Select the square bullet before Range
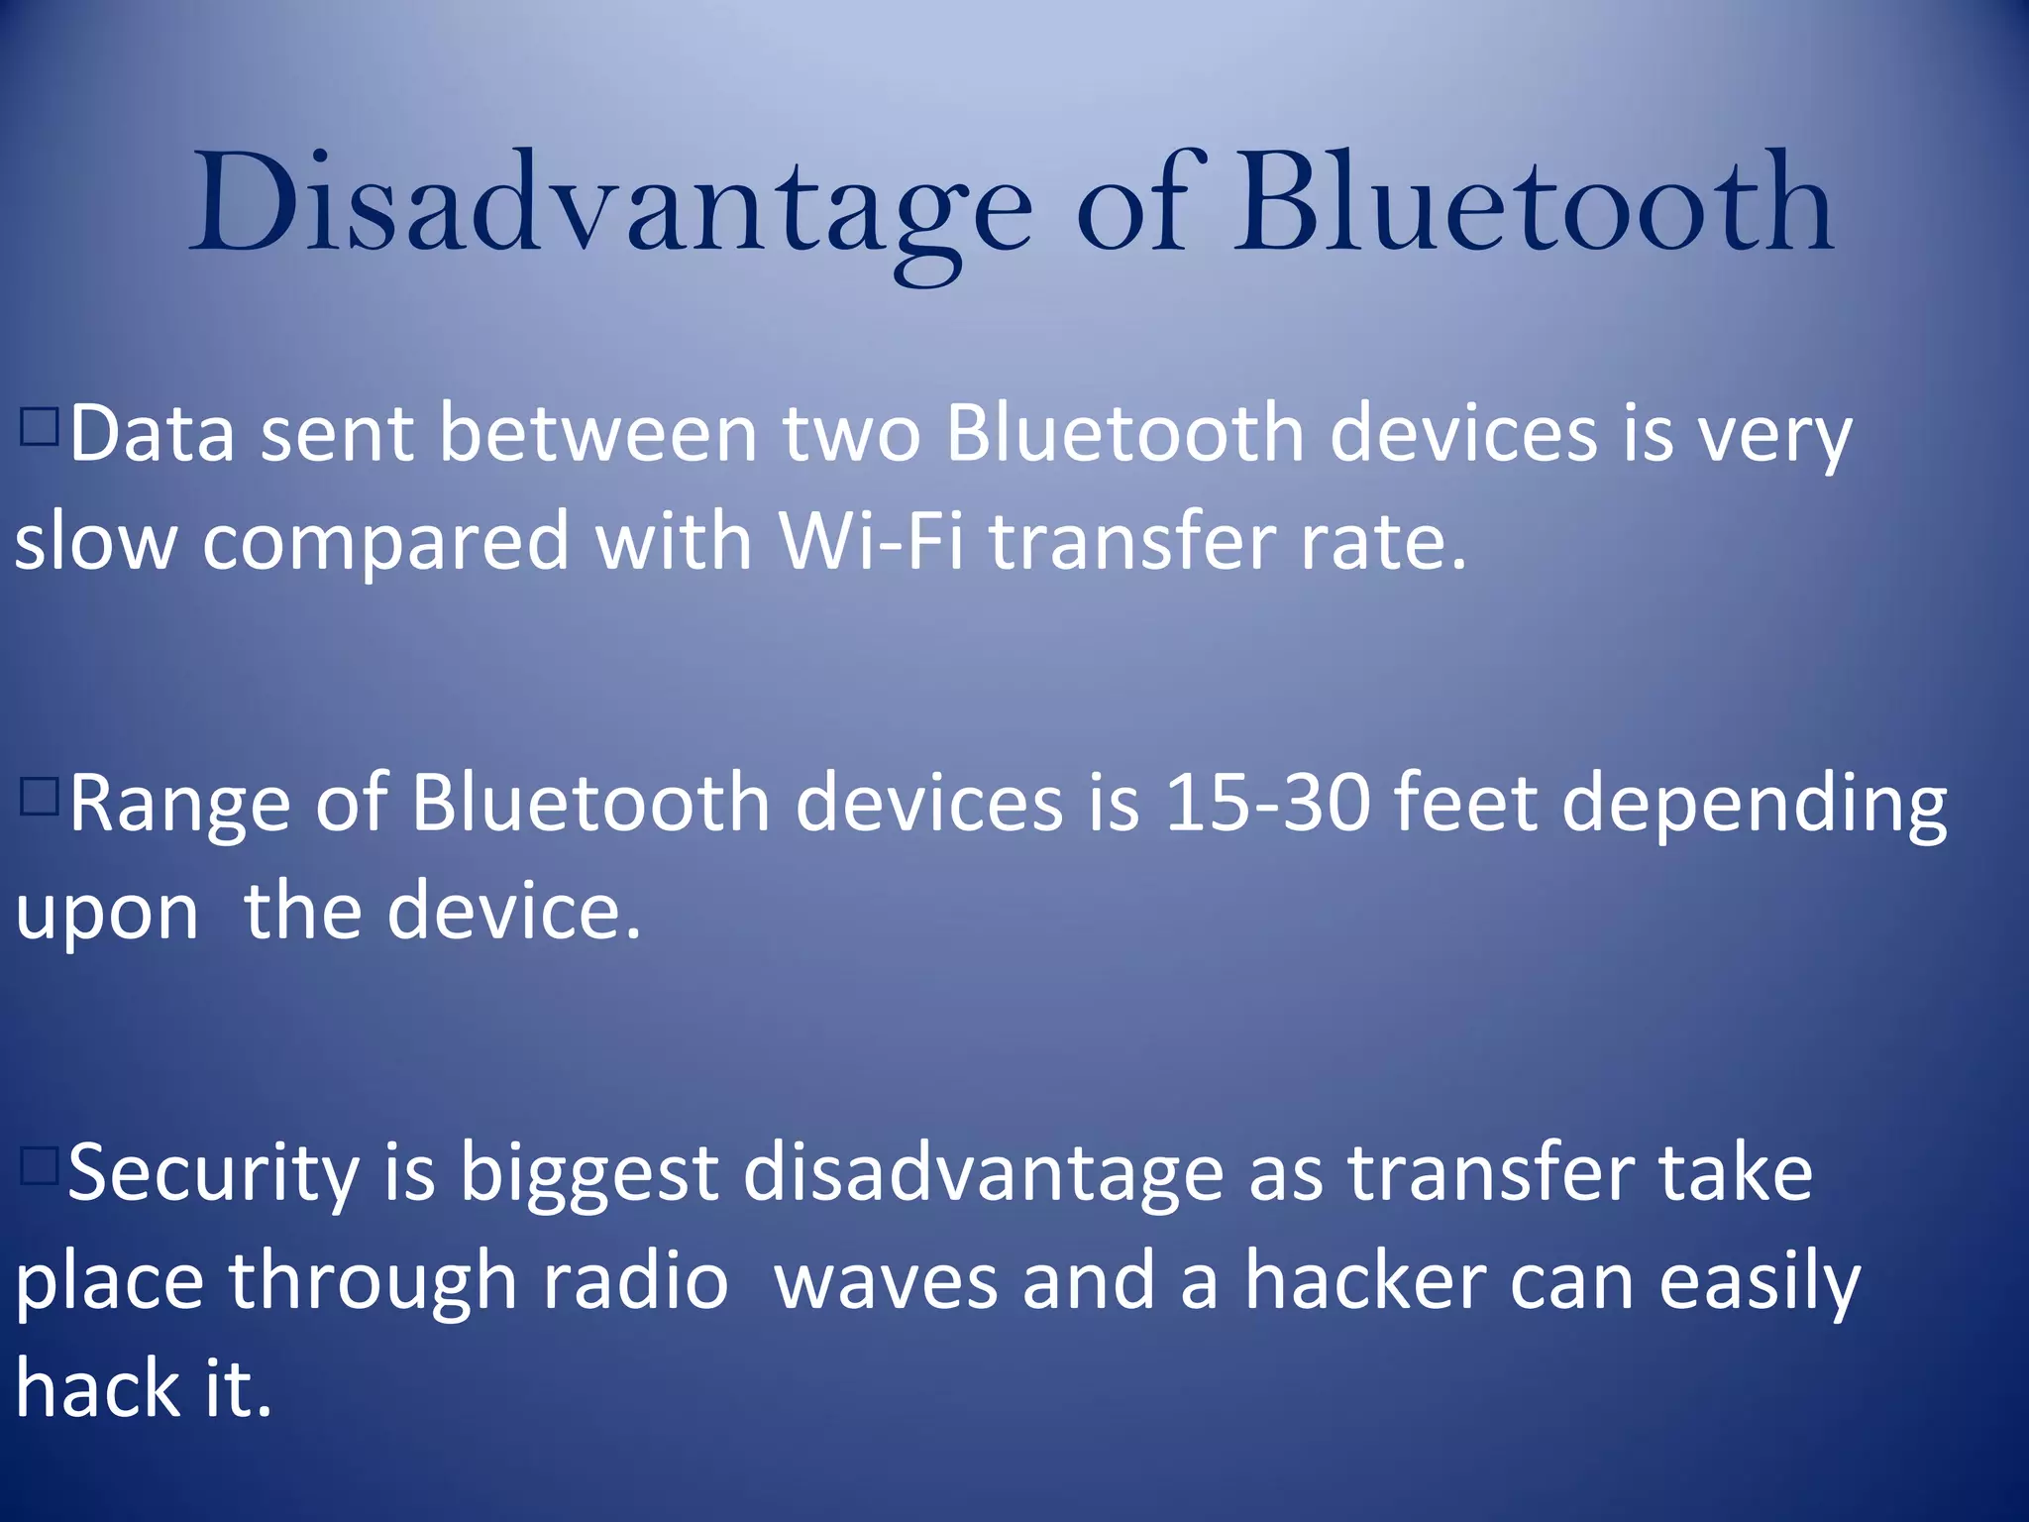[39, 796]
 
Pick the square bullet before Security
[39, 1165]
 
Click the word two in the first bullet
[851, 434]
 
